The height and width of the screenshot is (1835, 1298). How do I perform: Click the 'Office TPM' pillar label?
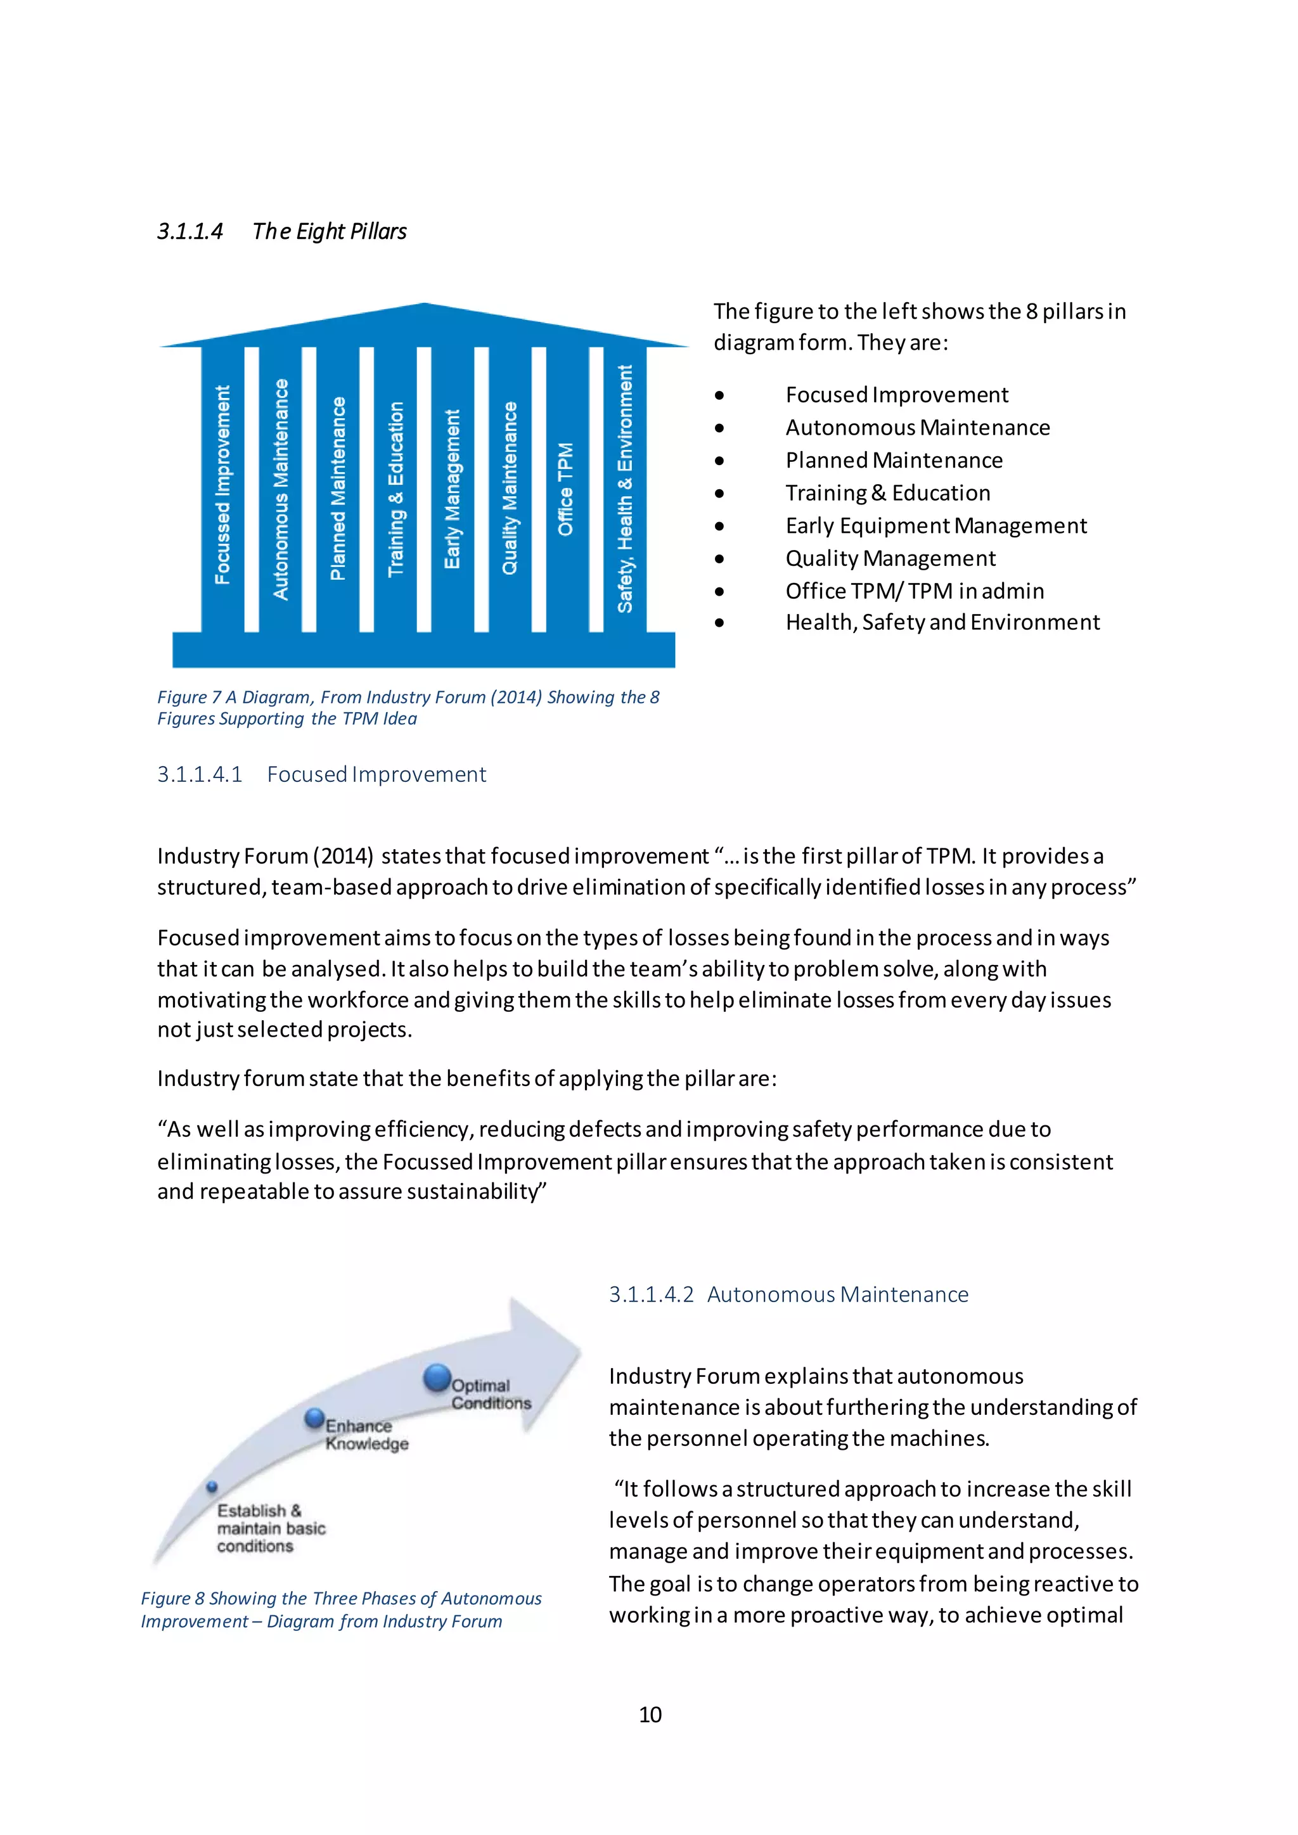tap(566, 489)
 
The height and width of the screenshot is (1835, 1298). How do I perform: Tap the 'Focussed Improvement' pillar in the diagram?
tap(223, 485)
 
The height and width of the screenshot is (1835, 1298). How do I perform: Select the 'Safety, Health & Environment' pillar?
tap(624, 489)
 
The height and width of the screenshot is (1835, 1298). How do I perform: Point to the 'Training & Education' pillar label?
tap(395, 489)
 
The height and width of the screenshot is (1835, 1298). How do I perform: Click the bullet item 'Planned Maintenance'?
tap(894, 461)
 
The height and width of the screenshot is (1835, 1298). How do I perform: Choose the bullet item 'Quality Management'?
tap(890, 559)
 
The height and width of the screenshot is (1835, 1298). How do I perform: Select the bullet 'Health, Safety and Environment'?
tap(942, 623)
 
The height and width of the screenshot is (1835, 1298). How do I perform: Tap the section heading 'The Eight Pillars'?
tap(330, 232)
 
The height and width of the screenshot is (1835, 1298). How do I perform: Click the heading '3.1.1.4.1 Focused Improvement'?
tap(321, 774)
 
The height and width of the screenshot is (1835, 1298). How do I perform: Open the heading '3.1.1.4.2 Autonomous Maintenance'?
tap(788, 1295)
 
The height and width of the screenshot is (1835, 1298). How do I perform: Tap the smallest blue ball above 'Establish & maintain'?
tap(212, 1487)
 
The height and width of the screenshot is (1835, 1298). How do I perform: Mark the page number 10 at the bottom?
tap(650, 1715)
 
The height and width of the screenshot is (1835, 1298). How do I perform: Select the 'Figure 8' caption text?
tap(340, 1609)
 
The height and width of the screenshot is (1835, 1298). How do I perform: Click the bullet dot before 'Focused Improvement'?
tap(720, 395)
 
